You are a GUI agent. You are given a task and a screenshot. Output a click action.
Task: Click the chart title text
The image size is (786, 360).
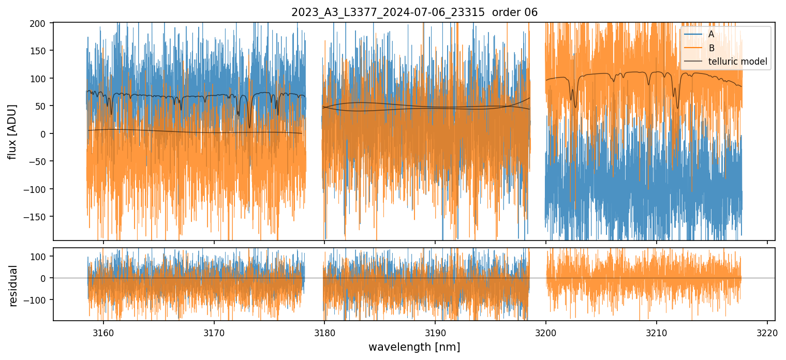414,12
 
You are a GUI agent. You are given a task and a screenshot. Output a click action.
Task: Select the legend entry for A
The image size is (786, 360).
711,34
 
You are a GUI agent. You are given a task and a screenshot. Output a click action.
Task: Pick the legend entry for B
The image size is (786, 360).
711,48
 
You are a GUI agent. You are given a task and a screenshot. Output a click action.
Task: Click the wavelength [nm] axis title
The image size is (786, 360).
414,347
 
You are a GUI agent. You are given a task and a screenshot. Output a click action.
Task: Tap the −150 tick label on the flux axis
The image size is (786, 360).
36,217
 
